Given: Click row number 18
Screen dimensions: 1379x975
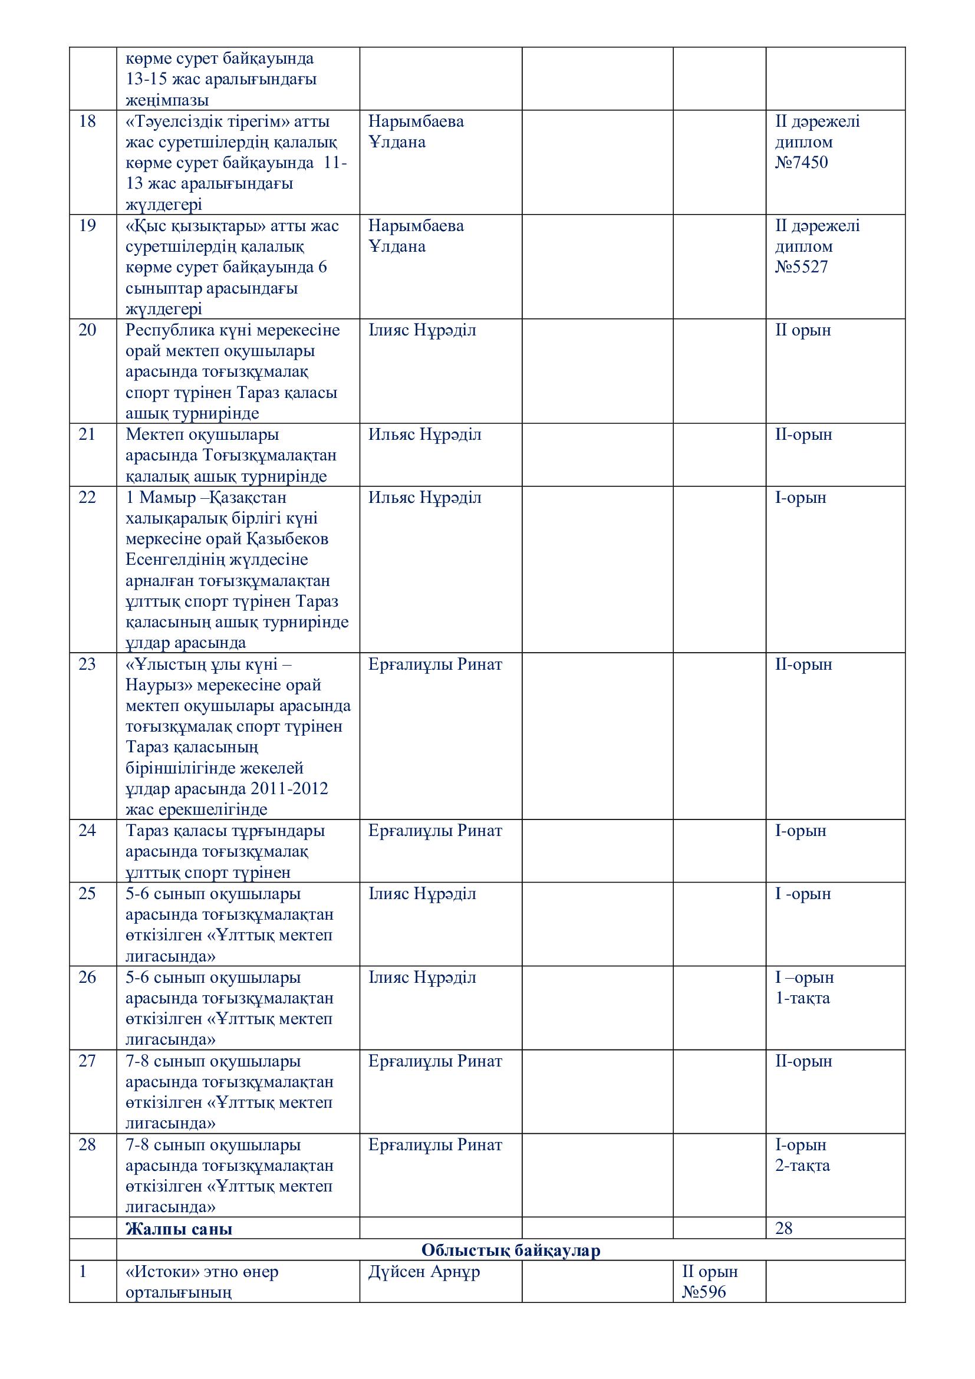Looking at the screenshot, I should pyautogui.click(x=87, y=122).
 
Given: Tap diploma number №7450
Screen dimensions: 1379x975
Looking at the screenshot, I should pyautogui.click(x=801, y=163).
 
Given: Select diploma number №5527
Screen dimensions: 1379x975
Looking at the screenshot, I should pyautogui.click(x=801, y=267).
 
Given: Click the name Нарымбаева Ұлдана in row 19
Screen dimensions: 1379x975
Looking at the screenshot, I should pyautogui.click(x=416, y=236).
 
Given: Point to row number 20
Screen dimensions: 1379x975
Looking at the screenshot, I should pyautogui.click(x=87, y=330).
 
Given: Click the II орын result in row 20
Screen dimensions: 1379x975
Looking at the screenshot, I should pyautogui.click(x=803, y=330).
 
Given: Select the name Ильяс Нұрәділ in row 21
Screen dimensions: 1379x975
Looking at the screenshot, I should pyautogui.click(x=424, y=435).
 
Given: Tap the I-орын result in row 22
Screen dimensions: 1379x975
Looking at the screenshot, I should pyautogui.click(x=801, y=498).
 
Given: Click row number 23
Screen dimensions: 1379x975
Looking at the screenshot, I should pyautogui.click(x=87, y=664).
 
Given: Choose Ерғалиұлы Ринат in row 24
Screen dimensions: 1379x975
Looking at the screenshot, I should pyautogui.click(x=434, y=831).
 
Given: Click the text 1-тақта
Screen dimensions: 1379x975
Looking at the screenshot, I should pyautogui.click(x=802, y=998).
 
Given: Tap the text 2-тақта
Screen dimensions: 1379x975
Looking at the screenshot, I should pyautogui.click(x=802, y=1166).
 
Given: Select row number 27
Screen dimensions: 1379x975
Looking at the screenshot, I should pyautogui.click(x=87, y=1061).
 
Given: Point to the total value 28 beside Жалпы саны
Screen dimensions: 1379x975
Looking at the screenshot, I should pyautogui.click(x=783, y=1229).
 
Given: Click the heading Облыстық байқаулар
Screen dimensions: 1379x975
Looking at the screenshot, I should pyautogui.click(x=510, y=1250).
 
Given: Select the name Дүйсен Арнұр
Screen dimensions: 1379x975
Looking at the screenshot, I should pyautogui.click(x=424, y=1272).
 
